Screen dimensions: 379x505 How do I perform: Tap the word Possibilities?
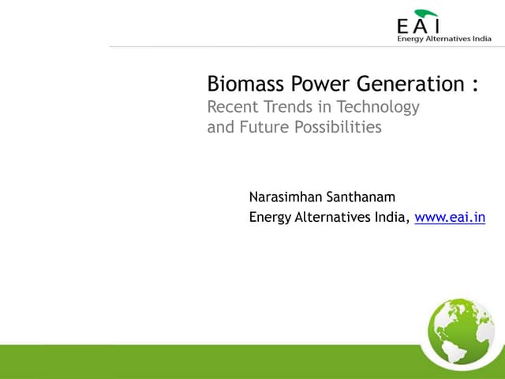click(337, 126)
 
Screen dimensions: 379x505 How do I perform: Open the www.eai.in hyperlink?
click(450, 218)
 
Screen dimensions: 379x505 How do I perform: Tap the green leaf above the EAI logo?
click(426, 13)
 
